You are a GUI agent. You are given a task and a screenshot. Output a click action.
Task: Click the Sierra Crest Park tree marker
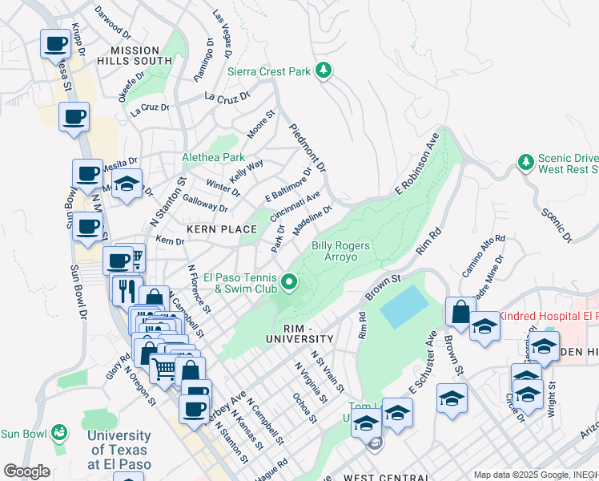click(324, 71)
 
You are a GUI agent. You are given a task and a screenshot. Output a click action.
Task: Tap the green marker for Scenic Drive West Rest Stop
click(526, 164)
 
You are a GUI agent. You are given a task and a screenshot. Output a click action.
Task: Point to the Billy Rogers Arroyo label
click(340, 251)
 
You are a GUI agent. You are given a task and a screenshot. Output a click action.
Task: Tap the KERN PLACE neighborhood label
click(222, 229)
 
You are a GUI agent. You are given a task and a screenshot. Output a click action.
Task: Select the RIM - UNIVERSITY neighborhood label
click(297, 335)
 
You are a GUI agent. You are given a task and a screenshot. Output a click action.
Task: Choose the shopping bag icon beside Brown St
click(460, 311)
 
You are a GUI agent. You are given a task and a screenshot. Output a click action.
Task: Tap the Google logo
click(26, 471)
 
